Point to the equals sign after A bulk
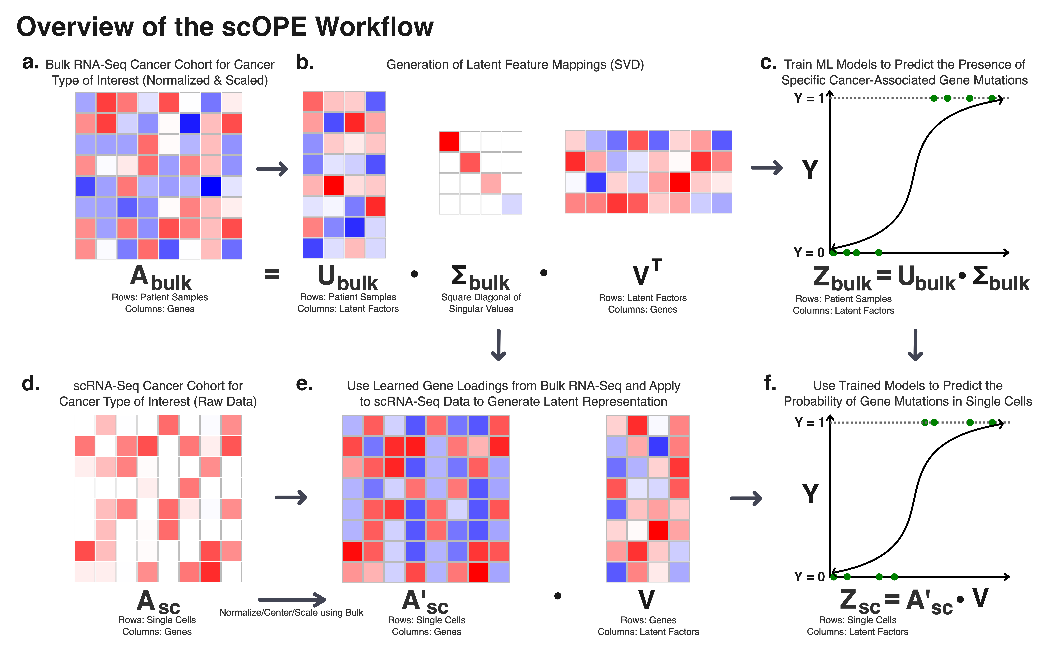[272, 274]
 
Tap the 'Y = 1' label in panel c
[809, 98]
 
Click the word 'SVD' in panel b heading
[627, 65]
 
